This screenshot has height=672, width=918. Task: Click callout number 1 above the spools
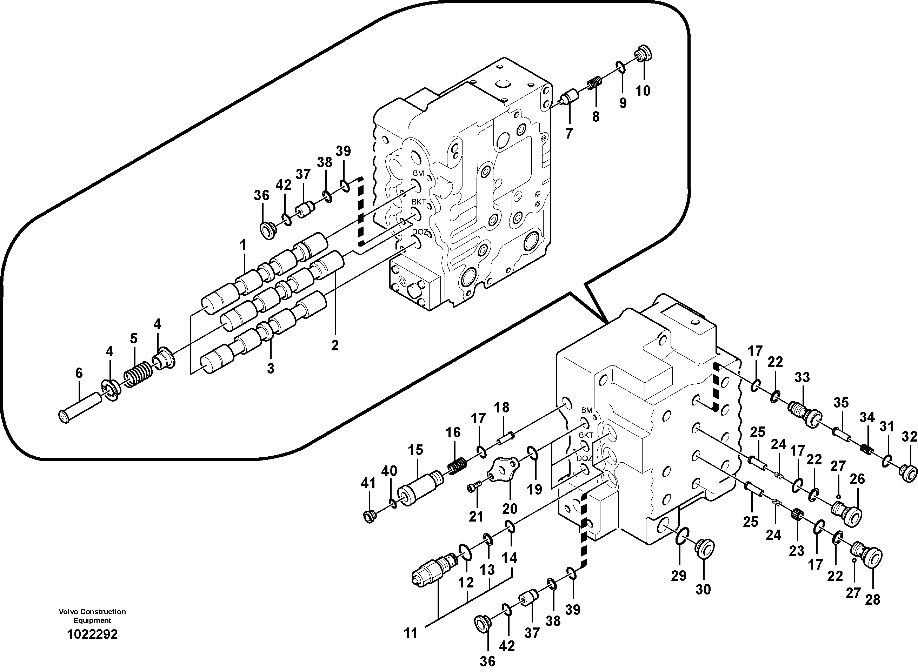[x=243, y=245]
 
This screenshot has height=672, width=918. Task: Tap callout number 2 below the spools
[x=335, y=345]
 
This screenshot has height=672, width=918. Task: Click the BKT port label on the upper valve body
[x=419, y=202]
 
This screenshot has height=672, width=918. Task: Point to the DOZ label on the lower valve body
[x=584, y=458]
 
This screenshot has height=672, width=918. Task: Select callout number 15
[x=416, y=450]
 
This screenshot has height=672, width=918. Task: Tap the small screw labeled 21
[x=474, y=486]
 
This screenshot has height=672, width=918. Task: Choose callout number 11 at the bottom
[x=411, y=633]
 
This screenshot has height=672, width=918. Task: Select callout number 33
[x=802, y=377]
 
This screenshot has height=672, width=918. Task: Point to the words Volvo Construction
[x=92, y=611]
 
